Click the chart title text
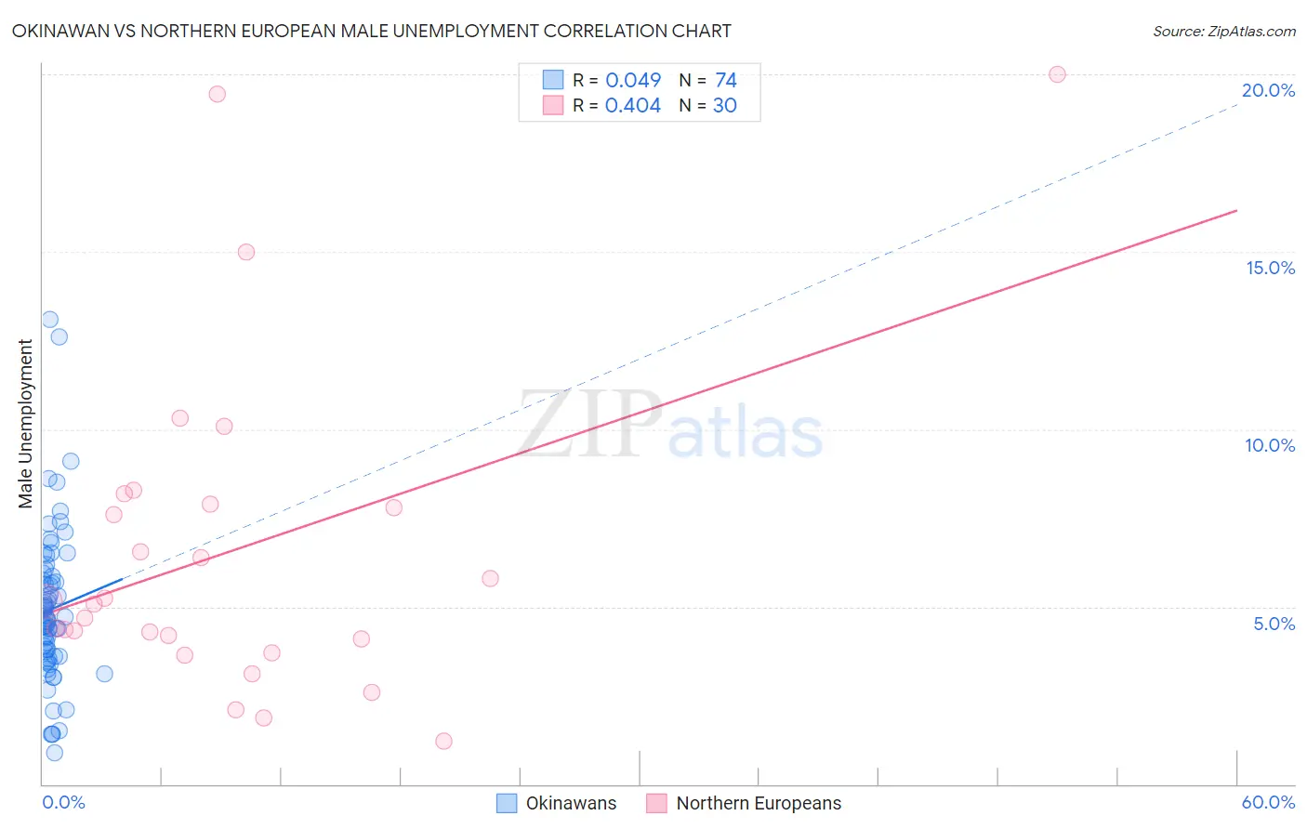pos(371,31)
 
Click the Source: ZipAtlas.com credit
pos(1223,31)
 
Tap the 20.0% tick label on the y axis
pos(1268,90)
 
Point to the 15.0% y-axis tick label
pos(1270,268)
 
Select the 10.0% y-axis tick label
pos(1270,445)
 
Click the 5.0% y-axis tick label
pos(1274,624)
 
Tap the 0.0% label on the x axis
pos(63,802)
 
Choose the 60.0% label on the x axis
pos(1268,802)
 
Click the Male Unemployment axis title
pos(26,424)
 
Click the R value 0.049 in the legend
pos(633,81)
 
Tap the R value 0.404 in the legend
pos(633,106)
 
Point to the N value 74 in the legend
pos(726,81)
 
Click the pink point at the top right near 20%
pos(1057,74)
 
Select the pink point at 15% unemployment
pos(246,252)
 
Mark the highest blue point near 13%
pos(50,320)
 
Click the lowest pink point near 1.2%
pos(443,741)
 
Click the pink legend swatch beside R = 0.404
pos(553,105)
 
